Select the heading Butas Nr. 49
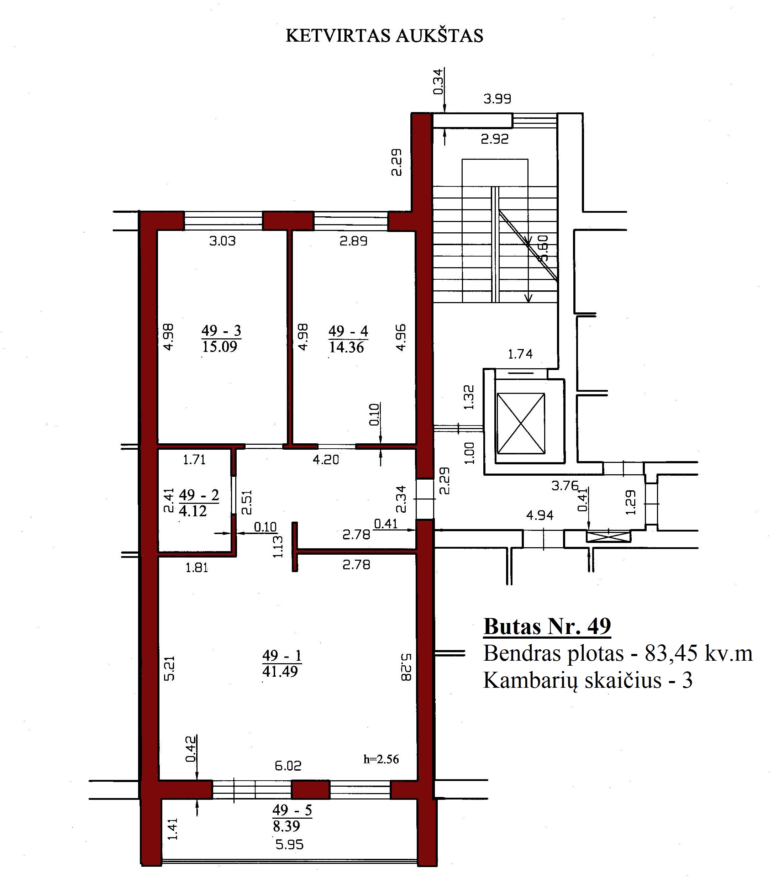pyautogui.click(x=547, y=627)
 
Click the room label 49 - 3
pyautogui.click(x=221, y=331)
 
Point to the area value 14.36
pyautogui.click(x=347, y=348)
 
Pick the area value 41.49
pyautogui.click(x=280, y=672)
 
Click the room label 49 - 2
pyautogui.click(x=199, y=495)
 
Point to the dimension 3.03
pyautogui.click(x=222, y=241)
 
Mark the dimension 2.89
pyautogui.click(x=353, y=241)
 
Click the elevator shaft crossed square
pyautogui.click(x=521, y=424)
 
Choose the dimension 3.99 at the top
pyautogui.click(x=497, y=99)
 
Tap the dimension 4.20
pyautogui.click(x=326, y=460)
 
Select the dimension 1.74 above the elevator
pyautogui.click(x=520, y=354)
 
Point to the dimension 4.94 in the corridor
pyautogui.click(x=540, y=515)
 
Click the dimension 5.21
pyautogui.click(x=170, y=669)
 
